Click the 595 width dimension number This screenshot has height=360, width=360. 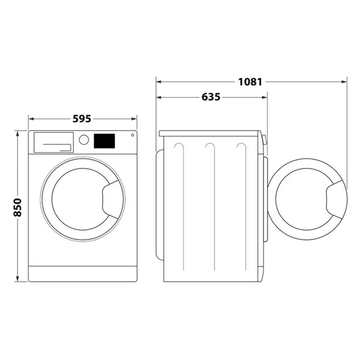pos(82,118)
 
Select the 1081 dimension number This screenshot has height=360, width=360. pos(250,81)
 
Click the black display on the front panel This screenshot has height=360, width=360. pos(105,141)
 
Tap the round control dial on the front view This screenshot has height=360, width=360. pos(83,140)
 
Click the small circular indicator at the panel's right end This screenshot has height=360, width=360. pos(132,135)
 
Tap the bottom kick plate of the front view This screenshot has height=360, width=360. pos(83,273)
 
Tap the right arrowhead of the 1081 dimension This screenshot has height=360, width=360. pos(345,81)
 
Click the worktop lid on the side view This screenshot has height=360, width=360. pos(210,133)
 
